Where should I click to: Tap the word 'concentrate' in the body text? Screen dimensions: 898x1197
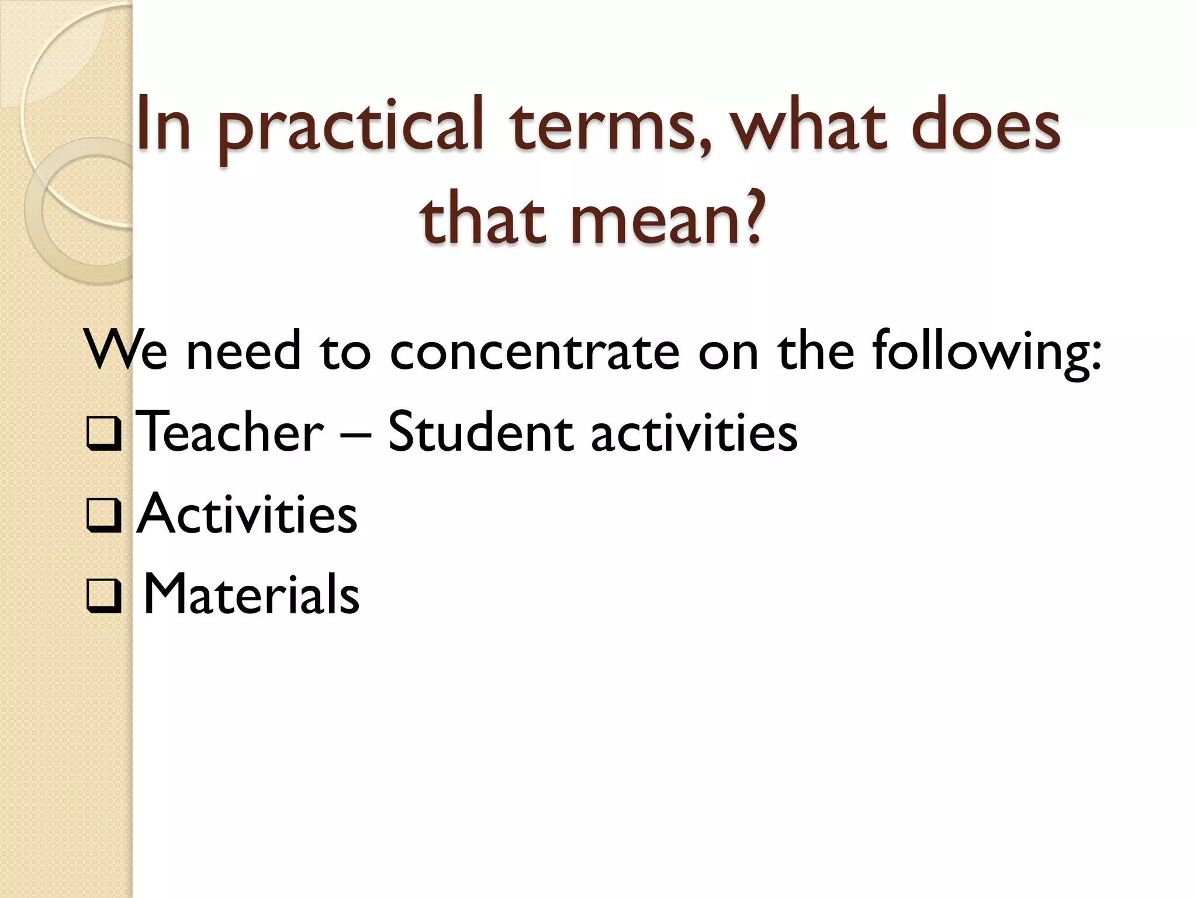[535, 351]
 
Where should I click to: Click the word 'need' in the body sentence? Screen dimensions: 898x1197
[243, 351]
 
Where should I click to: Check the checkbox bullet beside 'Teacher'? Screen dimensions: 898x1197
[104, 434]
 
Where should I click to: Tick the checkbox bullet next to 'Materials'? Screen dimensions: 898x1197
[104, 597]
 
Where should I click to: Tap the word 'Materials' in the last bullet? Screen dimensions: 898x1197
[251, 594]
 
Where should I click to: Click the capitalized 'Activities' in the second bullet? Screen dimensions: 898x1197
[246, 513]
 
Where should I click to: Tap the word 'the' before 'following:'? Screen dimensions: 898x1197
[815, 351]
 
